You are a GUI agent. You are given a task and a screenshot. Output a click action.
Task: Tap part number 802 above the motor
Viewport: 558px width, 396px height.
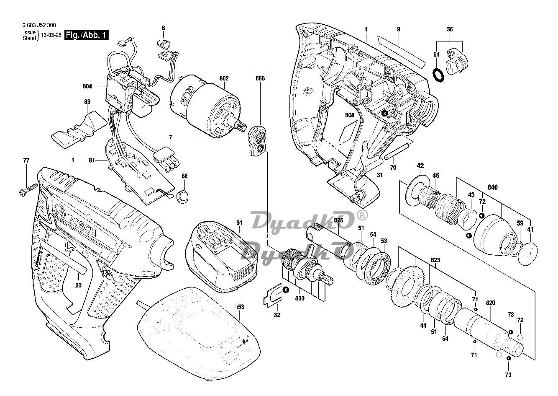(224, 78)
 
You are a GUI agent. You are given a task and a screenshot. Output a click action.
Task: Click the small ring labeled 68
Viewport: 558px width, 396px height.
(182, 196)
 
